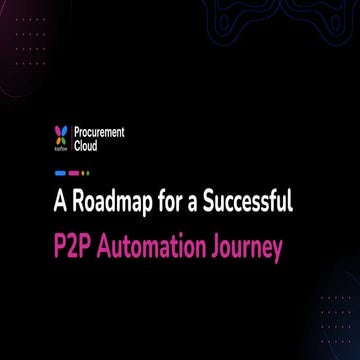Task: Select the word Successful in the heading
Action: (244, 203)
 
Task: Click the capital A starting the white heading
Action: (62, 203)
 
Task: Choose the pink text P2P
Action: (76, 247)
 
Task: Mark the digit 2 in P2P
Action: (76, 247)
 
